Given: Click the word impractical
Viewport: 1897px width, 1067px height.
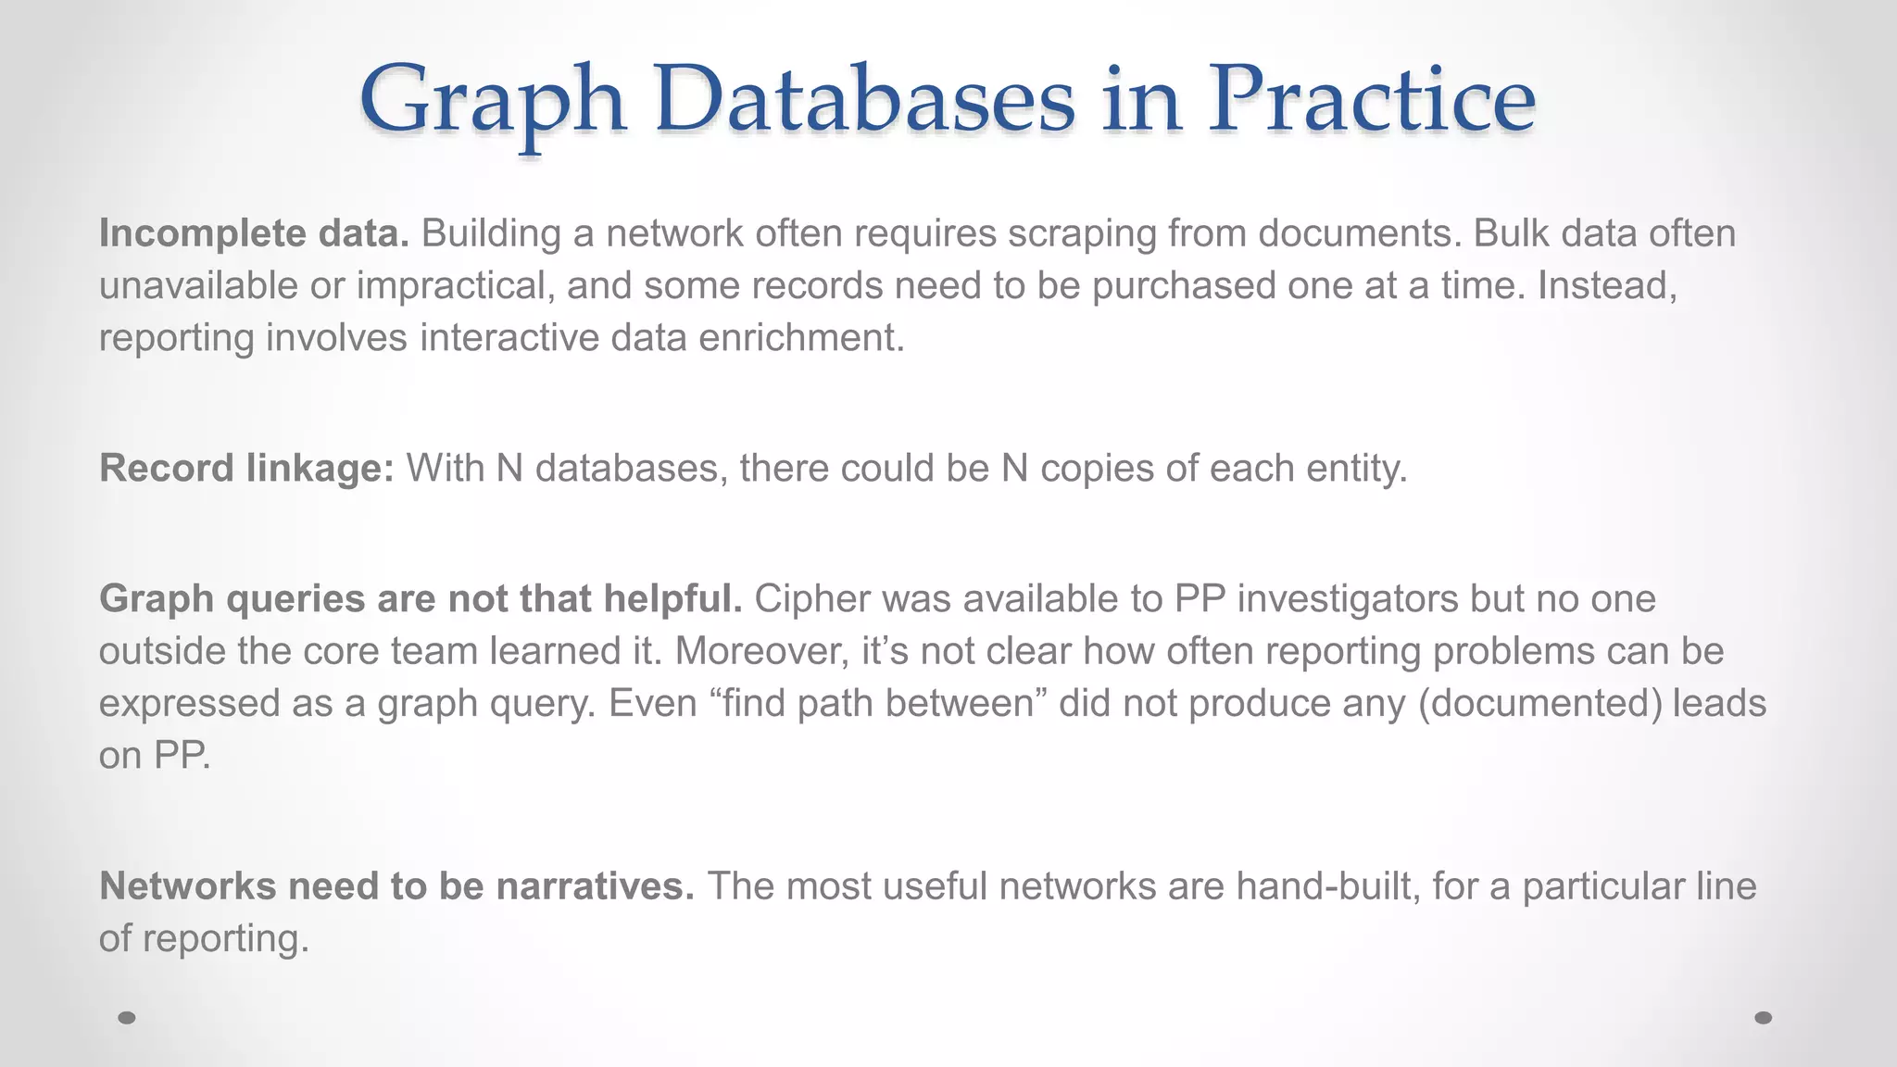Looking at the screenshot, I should (455, 286).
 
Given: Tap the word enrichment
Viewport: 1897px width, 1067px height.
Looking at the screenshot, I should (800, 338).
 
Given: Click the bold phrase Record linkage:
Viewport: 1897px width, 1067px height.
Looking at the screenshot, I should (246, 469).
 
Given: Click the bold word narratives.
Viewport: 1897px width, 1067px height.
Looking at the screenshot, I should (595, 886).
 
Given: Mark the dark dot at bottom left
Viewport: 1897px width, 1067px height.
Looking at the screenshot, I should (127, 1018).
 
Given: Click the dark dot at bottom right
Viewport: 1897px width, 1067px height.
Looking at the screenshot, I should (1764, 1018).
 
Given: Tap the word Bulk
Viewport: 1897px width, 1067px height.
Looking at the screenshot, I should (1511, 233).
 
